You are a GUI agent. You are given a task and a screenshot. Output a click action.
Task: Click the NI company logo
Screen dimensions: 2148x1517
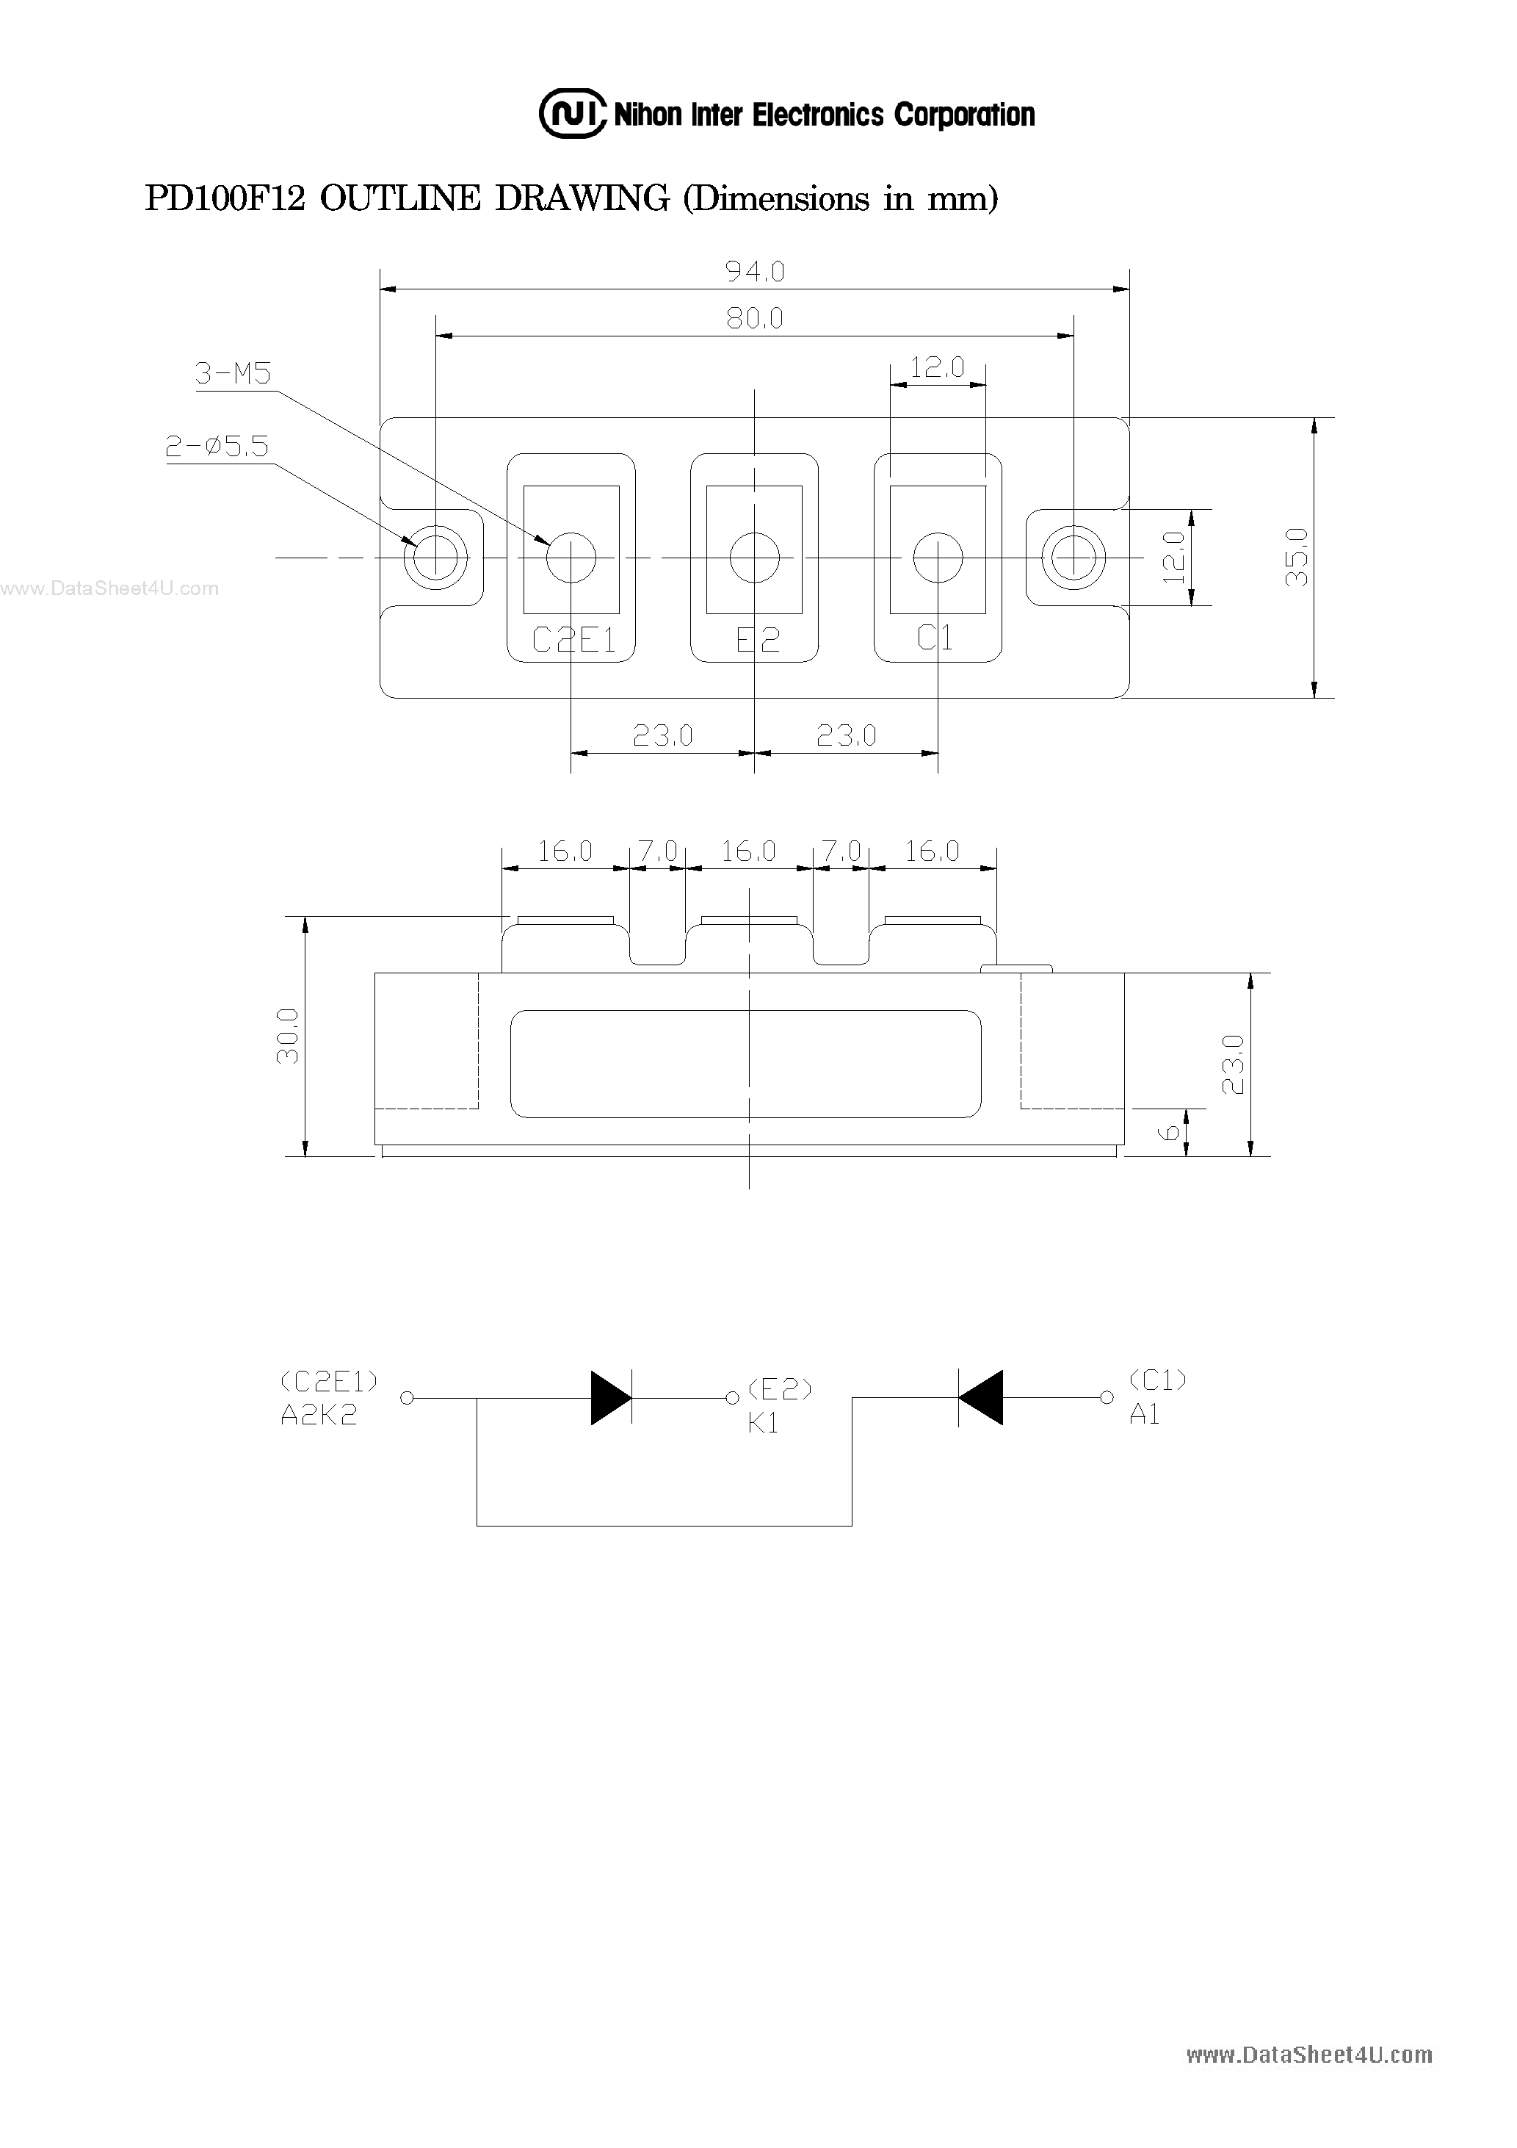point(571,114)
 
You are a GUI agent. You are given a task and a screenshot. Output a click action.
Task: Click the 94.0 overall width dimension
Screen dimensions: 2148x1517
point(755,271)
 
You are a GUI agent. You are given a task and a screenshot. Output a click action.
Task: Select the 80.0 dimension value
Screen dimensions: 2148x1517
point(755,319)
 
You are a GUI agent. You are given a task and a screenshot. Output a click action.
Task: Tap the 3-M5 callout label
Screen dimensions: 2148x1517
point(233,373)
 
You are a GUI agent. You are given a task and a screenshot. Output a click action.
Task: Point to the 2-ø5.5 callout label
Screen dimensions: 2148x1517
point(217,446)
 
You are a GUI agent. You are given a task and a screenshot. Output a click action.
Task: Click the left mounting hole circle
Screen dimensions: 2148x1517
point(435,558)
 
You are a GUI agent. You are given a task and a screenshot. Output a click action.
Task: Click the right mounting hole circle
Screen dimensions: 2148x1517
point(1074,558)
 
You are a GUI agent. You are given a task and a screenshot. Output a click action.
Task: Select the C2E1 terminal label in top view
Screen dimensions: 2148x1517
point(573,640)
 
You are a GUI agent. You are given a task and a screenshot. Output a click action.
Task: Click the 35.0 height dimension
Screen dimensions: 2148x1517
point(1297,557)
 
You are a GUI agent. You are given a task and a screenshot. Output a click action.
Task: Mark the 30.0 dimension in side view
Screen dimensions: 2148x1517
point(287,1036)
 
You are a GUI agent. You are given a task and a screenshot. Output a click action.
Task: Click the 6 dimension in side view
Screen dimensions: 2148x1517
point(1169,1133)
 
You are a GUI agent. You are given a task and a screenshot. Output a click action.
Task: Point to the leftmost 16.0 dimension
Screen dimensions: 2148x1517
point(564,851)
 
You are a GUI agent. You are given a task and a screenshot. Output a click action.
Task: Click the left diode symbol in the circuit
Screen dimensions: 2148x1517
point(611,1398)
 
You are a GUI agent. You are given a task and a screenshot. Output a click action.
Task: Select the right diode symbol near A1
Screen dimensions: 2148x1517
point(980,1398)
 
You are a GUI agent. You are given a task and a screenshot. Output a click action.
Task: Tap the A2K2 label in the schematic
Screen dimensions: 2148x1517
point(318,1416)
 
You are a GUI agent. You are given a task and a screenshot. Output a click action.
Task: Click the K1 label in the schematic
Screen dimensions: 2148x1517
point(762,1423)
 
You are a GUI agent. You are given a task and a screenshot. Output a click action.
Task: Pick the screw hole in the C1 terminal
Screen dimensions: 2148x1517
point(937,558)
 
